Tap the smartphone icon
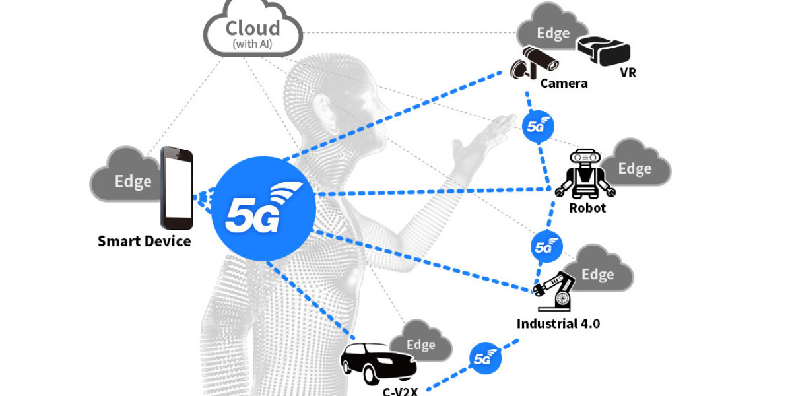point(177,187)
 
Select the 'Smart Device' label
point(144,242)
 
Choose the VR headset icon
point(603,50)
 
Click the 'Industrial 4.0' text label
point(558,324)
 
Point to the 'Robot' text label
point(587,208)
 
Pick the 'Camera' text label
point(563,84)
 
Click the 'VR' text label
point(628,73)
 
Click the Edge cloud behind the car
point(421,342)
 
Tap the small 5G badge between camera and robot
point(537,125)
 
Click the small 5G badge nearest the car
point(485,358)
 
